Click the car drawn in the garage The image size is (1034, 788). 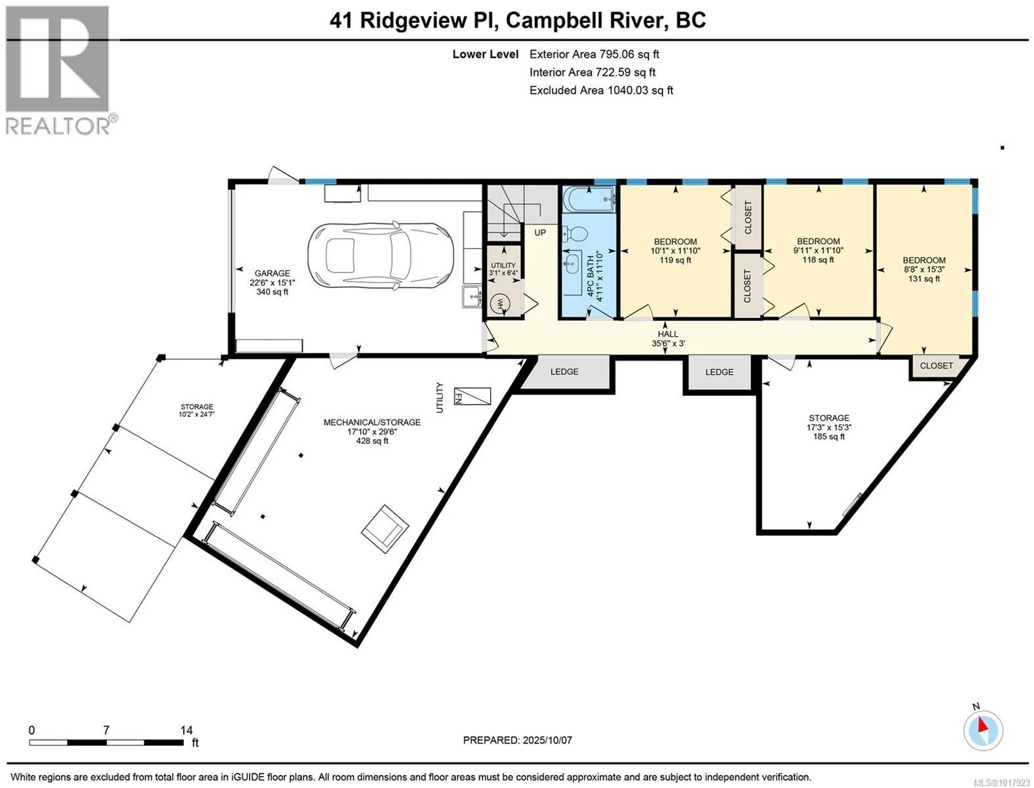[x=380, y=255]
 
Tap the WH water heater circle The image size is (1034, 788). [x=499, y=303]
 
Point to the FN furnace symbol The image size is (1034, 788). [x=472, y=396]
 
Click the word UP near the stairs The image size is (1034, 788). [x=540, y=232]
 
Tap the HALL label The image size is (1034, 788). [x=668, y=334]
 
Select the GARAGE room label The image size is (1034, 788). [x=272, y=273]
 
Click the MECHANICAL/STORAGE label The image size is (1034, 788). [x=372, y=422]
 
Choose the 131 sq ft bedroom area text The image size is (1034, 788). [x=924, y=278]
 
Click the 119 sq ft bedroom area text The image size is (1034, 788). [x=675, y=260]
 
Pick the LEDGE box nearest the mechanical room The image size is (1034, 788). [x=564, y=372]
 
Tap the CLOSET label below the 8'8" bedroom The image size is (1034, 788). [x=936, y=366]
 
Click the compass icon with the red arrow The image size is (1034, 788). [x=983, y=731]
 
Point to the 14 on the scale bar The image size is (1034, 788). [x=186, y=730]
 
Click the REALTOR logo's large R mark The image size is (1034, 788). [x=57, y=59]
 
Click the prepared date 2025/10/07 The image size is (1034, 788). [x=547, y=740]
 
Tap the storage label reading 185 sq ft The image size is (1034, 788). [x=828, y=437]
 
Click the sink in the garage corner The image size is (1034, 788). [x=472, y=297]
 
